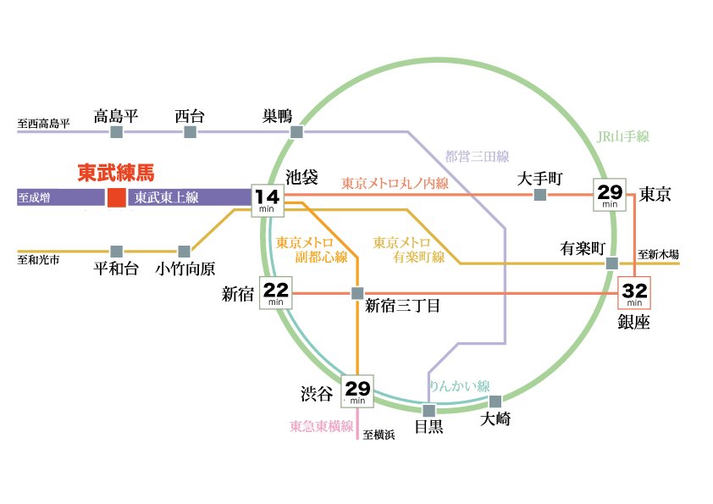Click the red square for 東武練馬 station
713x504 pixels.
coord(116,198)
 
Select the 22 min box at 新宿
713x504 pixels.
coord(277,294)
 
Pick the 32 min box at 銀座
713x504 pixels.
coord(635,293)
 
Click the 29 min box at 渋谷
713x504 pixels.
coord(358,392)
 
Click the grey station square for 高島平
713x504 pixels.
coord(116,133)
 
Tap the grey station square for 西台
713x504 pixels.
coord(190,133)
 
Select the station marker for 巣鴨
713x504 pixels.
coord(296,133)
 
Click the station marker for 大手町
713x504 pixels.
coord(539,196)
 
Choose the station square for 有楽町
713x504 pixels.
coord(611,264)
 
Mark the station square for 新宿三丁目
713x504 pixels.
coord(356,294)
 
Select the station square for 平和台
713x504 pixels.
coord(116,252)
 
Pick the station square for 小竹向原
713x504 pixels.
coord(184,252)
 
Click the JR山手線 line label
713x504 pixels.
coord(622,136)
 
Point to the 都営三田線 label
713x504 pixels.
coord(477,156)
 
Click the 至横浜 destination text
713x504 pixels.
coord(379,435)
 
